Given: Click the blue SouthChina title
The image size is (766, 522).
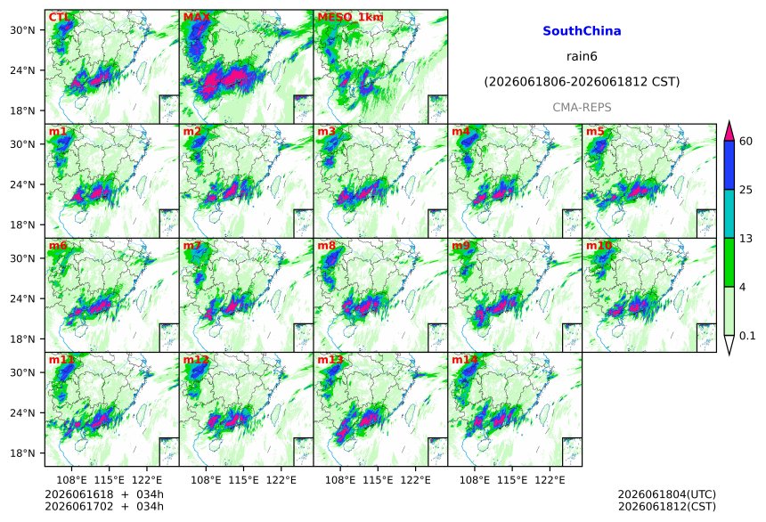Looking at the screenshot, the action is (x=582, y=31).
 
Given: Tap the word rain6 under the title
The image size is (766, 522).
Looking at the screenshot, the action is (x=582, y=56).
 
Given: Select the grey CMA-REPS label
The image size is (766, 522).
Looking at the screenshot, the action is (x=582, y=108).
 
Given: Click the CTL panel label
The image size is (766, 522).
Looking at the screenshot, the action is (x=59, y=17).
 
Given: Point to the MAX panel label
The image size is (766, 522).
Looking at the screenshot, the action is (x=196, y=17).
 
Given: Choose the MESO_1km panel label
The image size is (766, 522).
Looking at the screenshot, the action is (x=350, y=17).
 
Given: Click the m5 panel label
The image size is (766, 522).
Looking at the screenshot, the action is (x=595, y=132).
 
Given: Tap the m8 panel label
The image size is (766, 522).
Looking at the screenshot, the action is (x=326, y=246).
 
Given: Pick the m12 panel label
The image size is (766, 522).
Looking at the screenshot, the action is (x=196, y=360).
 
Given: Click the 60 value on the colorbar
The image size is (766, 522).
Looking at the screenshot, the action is (x=746, y=142).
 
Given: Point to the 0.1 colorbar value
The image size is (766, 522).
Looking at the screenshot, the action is (x=747, y=336).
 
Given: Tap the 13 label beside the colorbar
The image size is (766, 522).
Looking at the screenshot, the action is (x=746, y=239).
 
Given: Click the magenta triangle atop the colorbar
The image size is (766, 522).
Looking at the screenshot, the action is (x=729, y=131).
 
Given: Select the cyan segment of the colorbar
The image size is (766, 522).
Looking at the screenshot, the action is (x=729, y=214).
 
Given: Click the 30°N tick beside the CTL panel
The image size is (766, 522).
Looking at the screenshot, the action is (x=22, y=29).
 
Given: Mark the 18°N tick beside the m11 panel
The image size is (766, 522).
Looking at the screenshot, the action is (x=22, y=453).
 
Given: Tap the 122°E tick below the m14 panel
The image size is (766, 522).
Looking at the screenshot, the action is (x=550, y=480).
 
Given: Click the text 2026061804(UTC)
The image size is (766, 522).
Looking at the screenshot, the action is (x=667, y=494).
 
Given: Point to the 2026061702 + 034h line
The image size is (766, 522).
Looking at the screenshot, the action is (x=104, y=507).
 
